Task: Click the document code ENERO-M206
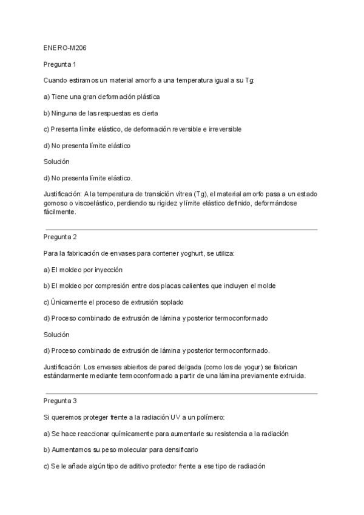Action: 61,47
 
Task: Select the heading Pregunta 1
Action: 59,64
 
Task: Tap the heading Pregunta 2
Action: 59,236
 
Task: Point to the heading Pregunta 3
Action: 59,401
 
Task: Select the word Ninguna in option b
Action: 64,113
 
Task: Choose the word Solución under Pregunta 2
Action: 56,335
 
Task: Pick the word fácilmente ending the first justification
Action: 59,213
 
